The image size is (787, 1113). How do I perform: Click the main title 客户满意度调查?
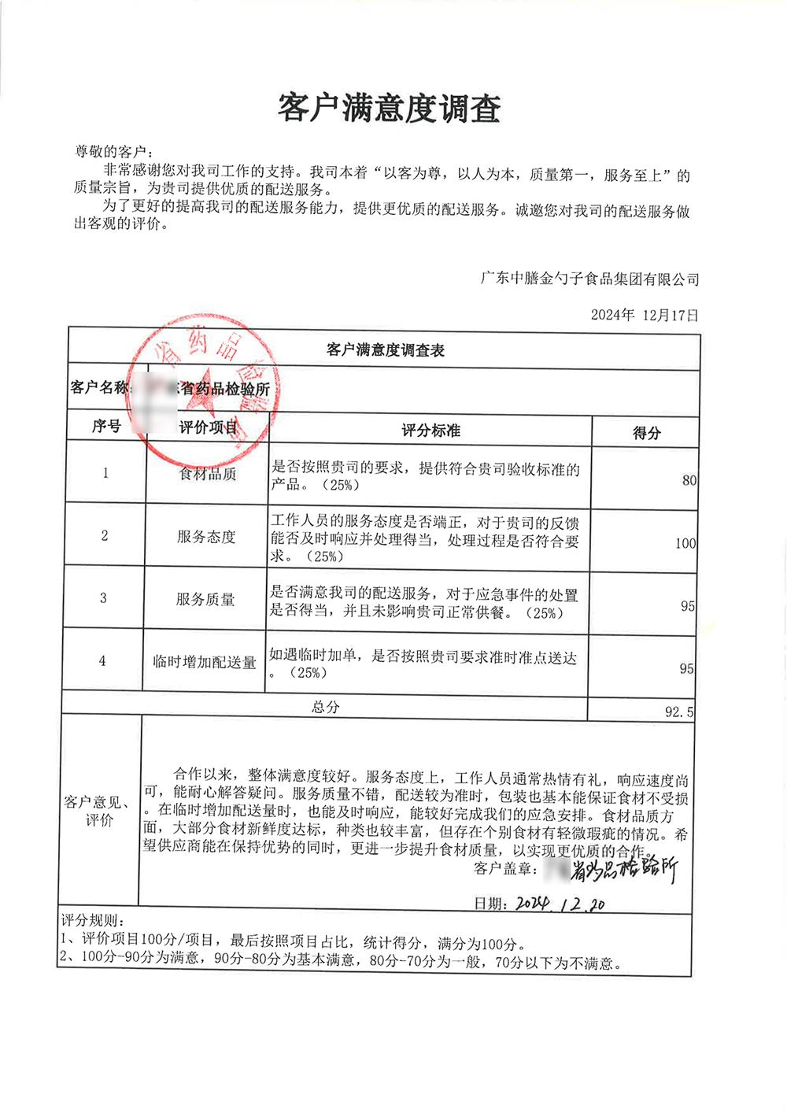point(389,108)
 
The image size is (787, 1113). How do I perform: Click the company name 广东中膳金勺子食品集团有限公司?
point(589,279)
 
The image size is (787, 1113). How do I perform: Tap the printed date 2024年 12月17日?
point(645,315)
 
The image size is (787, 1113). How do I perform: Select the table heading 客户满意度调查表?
point(386,350)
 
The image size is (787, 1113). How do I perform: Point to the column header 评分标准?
point(430,431)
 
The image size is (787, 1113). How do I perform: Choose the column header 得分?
point(646,433)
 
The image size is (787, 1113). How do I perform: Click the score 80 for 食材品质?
point(689,480)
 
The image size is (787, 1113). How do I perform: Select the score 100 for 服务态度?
point(685,543)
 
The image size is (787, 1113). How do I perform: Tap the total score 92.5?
point(679,712)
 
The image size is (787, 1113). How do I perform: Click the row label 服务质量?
point(205,600)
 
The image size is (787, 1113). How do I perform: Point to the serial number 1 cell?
point(105,473)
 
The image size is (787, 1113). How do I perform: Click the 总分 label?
point(325,707)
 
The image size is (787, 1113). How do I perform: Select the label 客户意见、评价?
point(98,811)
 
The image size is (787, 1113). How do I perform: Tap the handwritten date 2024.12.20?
point(560,904)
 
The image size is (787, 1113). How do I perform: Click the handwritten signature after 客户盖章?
point(622,871)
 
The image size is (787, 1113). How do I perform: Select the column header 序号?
point(106,427)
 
